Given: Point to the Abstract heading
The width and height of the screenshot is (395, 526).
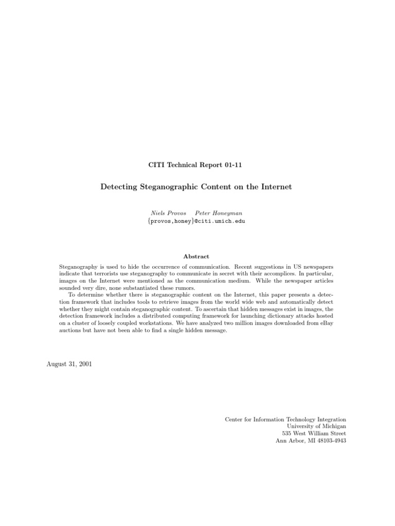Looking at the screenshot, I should coord(196,256).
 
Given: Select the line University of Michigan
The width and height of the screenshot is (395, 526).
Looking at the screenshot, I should coord(316,426).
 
